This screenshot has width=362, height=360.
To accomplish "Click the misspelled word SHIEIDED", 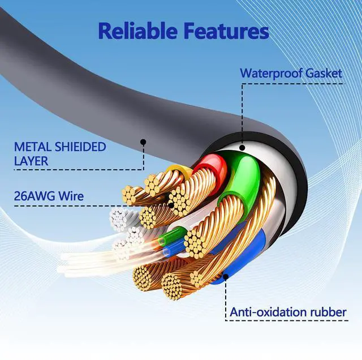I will [79, 147].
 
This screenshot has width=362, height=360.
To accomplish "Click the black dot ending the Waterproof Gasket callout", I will [242, 148].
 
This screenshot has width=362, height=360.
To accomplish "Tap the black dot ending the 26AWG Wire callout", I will [173, 206].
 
